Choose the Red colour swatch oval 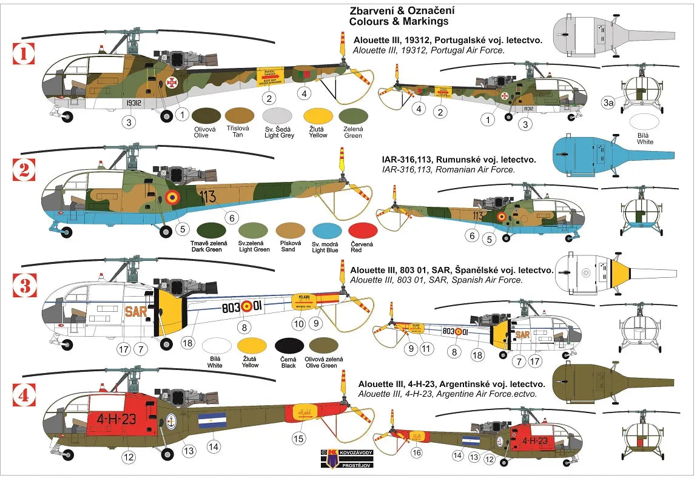[x=363, y=231]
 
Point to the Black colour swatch [x=289, y=346]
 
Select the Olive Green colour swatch [x=323, y=346]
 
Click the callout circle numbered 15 [x=298, y=438]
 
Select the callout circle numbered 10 [x=298, y=324]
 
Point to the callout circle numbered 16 [x=417, y=452]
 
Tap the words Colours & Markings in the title [x=399, y=21]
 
